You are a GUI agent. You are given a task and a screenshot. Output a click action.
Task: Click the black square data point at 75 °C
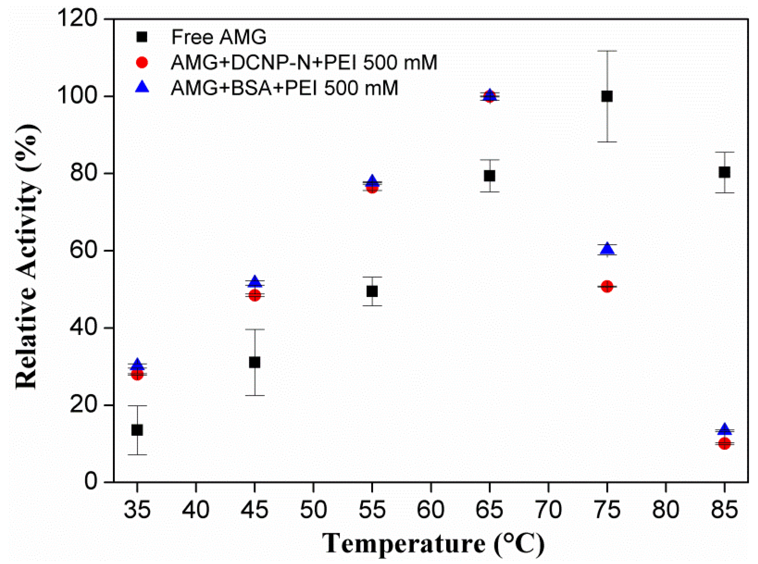pyautogui.click(x=607, y=96)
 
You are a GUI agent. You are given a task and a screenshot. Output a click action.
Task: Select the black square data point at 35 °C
pyautogui.click(x=137, y=430)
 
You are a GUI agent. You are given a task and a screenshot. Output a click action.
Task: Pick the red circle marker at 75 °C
pyautogui.click(x=607, y=286)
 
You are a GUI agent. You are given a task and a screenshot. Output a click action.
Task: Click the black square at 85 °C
pyautogui.click(x=724, y=172)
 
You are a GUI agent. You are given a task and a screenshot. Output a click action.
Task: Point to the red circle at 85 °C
pyautogui.click(x=724, y=444)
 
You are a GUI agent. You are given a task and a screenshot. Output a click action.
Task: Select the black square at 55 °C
pyautogui.click(x=372, y=291)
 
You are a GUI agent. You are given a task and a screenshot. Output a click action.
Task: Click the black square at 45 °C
pyautogui.click(x=254, y=362)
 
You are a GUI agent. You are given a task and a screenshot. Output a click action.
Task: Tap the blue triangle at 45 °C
pyautogui.click(x=254, y=281)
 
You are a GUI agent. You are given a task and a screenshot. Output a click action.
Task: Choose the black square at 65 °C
pyautogui.click(x=489, y=176)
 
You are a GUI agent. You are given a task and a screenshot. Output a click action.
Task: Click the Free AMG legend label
pyautogui.click(x=218, y=37)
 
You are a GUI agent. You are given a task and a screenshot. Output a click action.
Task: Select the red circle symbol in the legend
pyautogui.click(x=142, y=62)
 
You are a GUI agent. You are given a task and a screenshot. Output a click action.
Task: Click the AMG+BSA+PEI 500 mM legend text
pyautogui.click(x=285, y=88)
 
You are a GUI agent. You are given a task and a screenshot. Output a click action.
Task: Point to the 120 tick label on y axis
pyautogui.click(x=77, y=19)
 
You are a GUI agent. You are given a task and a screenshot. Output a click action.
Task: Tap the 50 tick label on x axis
pyautogui.click(x=313, y=510)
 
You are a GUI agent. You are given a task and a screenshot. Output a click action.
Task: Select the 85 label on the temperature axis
pyautogui.click(x=724, y=510)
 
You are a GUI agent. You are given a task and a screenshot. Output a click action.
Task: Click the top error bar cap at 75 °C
pyautogui.click(x=607, y=51)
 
